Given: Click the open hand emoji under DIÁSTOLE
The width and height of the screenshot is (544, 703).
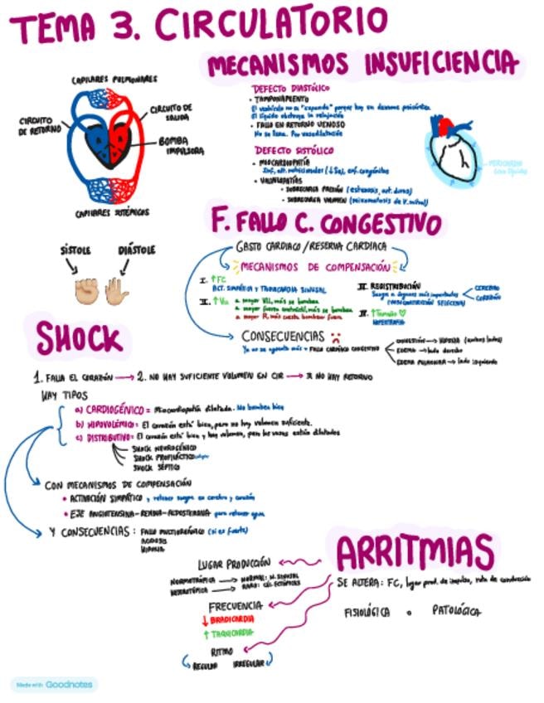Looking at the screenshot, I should [x=116, y=290].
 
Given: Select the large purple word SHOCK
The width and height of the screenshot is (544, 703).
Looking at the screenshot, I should [x=79, y=338].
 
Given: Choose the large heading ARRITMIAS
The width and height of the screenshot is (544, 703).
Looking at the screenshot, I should [x=415, y=550].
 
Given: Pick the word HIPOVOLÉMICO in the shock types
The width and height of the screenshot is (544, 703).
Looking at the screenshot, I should [x=111, y=423].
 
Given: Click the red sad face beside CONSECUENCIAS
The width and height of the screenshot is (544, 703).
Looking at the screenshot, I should [x=336, y=337].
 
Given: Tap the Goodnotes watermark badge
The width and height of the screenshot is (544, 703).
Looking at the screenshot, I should [x=55, y=685].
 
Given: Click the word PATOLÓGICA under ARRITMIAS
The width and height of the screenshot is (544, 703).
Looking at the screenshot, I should [x=455, y=612].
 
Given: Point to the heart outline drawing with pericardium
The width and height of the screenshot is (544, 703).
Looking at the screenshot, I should [x=453, y=149].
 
